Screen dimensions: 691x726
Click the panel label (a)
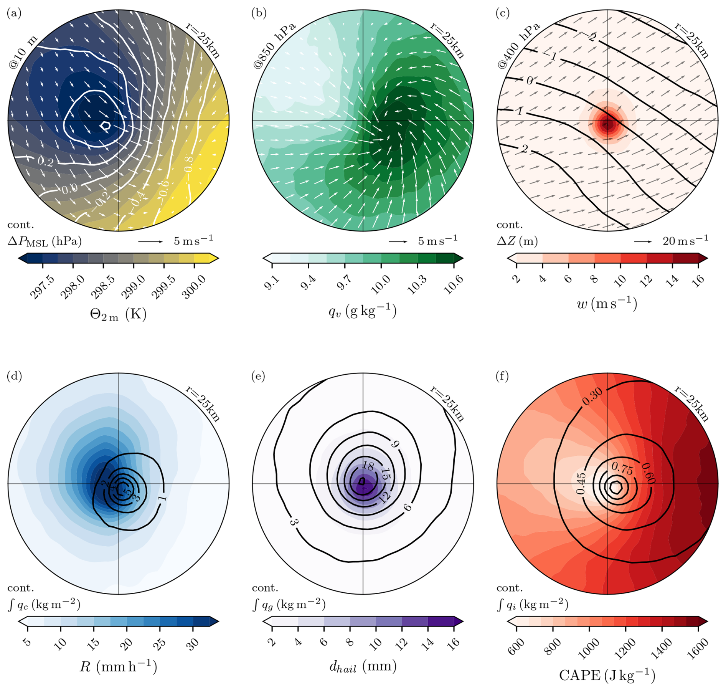(x=14, y=13)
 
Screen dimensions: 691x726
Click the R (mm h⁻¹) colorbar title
(x=119, y=667)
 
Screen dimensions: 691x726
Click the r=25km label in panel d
(x=203, y=404)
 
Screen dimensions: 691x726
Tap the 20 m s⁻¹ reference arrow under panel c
(x=643, y=241)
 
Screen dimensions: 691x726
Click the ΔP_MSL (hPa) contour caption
(x=45, y=241)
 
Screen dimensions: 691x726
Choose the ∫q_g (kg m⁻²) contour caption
(x=289, y=604)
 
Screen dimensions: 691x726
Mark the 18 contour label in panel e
(x=368, y=466)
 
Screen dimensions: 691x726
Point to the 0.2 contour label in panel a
(x=45, y=162)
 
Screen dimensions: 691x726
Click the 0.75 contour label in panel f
(x=622, y=468)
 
